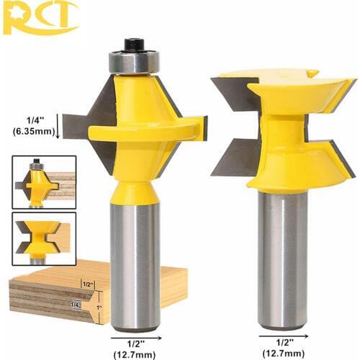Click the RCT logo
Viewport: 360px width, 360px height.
point(39,17)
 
